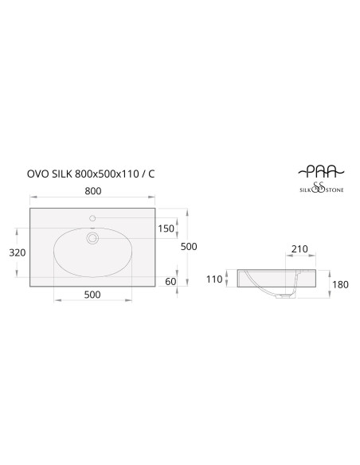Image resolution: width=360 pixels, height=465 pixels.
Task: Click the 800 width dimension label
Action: tap(93, 191)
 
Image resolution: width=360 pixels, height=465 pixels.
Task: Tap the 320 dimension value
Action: tap(18, 252)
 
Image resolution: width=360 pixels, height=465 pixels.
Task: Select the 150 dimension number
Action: tap(166, 229)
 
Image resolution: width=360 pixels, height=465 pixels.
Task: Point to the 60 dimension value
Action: tap(170, 281)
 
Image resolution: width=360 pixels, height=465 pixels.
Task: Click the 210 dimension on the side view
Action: tap(299, 248)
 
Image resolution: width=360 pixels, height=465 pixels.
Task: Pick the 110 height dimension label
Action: tap(214, 279)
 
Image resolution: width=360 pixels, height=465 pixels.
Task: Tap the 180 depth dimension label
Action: tap(340, 285)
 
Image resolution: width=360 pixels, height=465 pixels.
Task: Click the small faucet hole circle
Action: tap(92, 218)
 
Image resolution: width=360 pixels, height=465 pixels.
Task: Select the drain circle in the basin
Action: tap(92, 238)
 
